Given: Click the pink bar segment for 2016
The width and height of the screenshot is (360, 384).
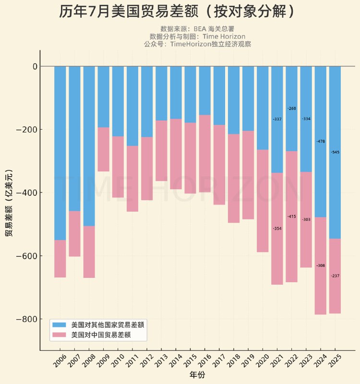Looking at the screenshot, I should click(x=204, y=154).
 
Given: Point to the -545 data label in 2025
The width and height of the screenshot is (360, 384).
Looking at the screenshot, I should click(x=335, y=152).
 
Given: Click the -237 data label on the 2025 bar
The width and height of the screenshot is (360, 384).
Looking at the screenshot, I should click(x=335, y=276).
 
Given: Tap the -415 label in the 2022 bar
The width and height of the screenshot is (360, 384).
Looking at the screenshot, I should click(x=291, y=216).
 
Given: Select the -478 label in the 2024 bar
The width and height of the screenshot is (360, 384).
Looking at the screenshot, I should click(x=321, y=142).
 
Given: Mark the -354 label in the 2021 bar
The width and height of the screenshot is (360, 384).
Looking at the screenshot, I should click(x=277, y=228).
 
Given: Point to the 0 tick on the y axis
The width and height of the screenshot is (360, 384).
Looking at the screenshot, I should click(x=35, y=66).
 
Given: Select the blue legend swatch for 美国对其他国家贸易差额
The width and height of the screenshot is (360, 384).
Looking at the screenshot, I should click(x=60, y=325).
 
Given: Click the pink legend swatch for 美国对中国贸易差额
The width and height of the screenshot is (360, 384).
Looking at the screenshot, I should click(x=60, y=335).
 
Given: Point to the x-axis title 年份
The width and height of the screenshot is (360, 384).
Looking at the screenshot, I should click(x=197, y=375).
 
